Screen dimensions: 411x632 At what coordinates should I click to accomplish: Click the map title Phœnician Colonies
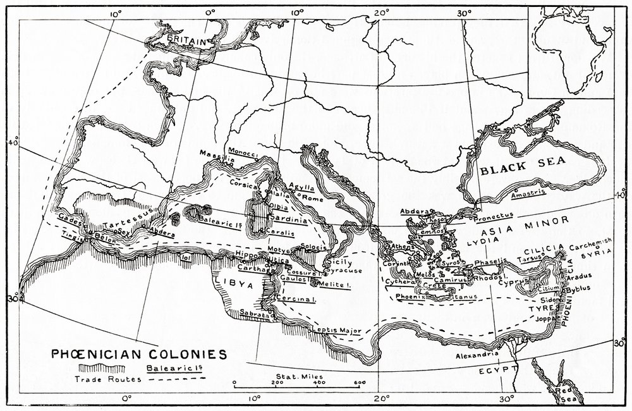[x=138, y=353]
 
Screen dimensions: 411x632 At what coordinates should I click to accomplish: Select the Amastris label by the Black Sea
[x=528, y=194]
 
